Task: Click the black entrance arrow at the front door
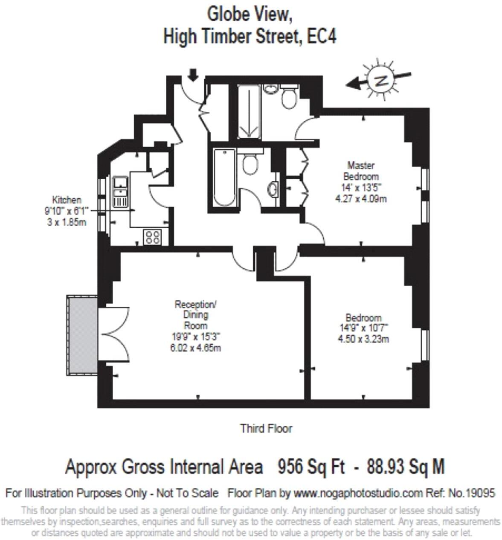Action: tap(193, 75)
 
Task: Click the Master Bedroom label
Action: tap(361, 171)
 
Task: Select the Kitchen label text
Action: tap(66, 200)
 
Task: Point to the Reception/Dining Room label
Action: tap(196, 315)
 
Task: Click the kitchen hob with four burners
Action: tap(153, 237)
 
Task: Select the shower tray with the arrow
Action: tap(249, 111)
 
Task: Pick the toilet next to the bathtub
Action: tap(250, 163)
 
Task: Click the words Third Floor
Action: tap(266, 428)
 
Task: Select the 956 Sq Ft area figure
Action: tap(311, 467)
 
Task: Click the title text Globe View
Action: tap(250, 14)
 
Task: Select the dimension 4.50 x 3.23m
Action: tap(363, 340)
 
